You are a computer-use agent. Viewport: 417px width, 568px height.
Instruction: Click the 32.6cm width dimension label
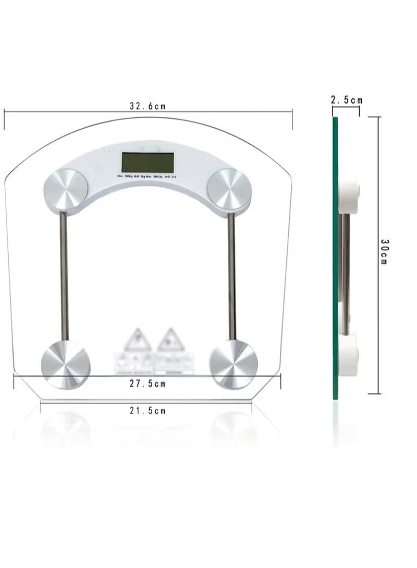(148, 106)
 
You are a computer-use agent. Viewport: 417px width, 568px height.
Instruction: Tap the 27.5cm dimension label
(148, 384)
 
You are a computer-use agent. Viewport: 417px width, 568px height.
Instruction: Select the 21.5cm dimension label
(148, 411)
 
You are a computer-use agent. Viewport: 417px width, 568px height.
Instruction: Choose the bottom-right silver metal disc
(233, 363)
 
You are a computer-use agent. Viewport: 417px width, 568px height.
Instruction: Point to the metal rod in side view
(345, 261)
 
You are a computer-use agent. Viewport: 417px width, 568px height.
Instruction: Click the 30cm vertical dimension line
(378, 313)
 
